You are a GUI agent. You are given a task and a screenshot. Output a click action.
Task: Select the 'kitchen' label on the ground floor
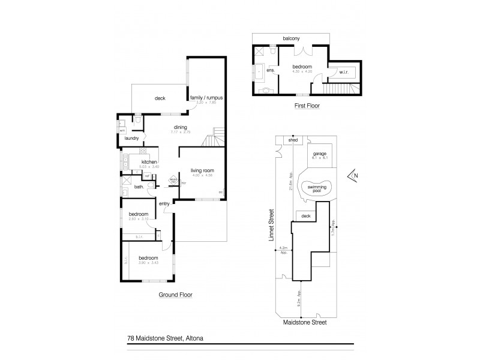pyautogui.click(x=149, y=162)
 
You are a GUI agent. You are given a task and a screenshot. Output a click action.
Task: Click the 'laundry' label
pyautogui.click(x=132, y=139)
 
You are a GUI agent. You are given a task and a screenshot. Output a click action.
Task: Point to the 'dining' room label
pyautogui.click(x=181, y=127)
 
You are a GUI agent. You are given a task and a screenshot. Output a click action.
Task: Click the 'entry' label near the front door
pyautogui.click(x=164, y=203)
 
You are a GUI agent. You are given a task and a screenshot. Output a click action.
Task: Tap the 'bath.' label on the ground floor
pyautogui.click(x=138, y=187)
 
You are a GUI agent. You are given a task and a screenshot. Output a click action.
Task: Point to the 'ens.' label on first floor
pyautogui.click(x=271, y=70)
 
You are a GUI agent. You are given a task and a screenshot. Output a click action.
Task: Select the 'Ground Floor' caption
pyautogui.click(x=175, y=295)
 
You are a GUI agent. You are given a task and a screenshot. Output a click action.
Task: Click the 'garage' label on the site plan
pyautogui.click(x=319, y=154)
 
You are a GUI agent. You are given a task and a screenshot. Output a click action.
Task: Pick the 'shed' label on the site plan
pyautogui.click(x=294, y=142)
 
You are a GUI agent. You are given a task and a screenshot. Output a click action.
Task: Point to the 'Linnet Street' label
pyautogui.click(x=271, y=226)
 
